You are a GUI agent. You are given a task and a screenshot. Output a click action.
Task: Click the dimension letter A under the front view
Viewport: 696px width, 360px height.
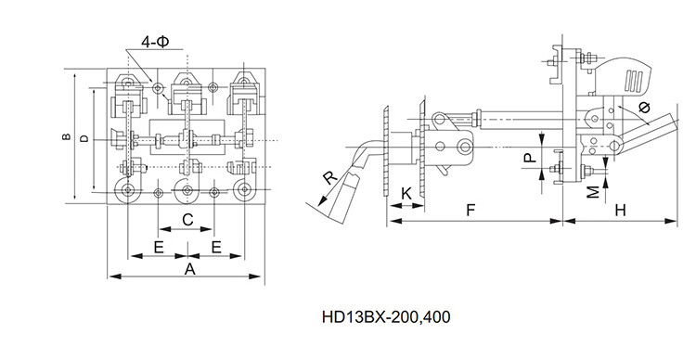(x=189, y=269)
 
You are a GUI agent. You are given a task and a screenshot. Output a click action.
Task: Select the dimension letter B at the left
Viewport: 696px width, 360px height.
(x=66, y=136)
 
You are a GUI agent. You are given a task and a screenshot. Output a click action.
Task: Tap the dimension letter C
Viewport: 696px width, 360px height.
(x=187, y=219)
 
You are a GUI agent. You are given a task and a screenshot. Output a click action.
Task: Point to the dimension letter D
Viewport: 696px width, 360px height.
(x=84, y=138)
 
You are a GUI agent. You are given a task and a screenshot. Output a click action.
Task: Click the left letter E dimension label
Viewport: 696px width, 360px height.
(x=159, y=247)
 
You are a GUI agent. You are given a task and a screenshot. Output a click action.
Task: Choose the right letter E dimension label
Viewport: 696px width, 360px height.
(x=216, y=247)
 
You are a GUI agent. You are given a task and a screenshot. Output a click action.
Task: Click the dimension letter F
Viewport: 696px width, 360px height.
(x=470, y=210)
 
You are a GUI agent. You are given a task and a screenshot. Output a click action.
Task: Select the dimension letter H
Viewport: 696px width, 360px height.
(x=620, y=210)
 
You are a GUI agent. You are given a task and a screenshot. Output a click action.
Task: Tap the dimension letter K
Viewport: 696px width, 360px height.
(x=406, y=194)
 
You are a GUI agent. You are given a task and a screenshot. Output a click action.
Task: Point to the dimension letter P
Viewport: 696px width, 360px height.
(x=530, y=158)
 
